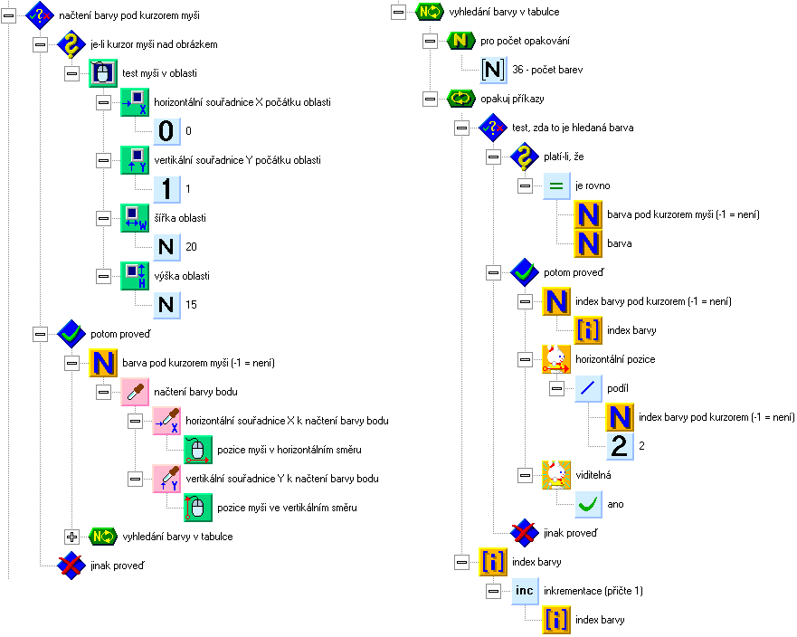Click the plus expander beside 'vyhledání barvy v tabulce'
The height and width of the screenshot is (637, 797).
(x=71, y=537)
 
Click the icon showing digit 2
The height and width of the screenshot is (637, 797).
(x=620, y=446)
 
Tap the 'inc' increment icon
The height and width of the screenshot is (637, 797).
(x=525, y=591)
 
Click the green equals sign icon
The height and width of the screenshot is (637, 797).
(x=556, y=185)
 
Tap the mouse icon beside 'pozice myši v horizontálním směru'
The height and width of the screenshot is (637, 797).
(x=198, y=450)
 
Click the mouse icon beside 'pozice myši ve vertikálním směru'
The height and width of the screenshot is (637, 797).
(x=198, y=508)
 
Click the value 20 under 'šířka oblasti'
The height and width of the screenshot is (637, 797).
(x=191, y=247)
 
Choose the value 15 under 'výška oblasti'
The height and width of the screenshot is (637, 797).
(x=191, y=305)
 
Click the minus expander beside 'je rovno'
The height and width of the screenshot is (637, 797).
(x=525, y=185)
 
